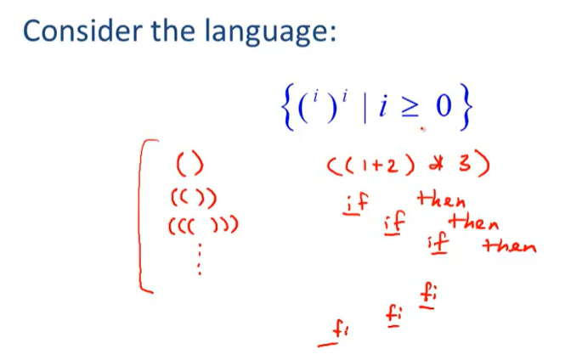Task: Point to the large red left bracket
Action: [x=146, y=217]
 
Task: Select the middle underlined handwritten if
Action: [x=395, y=223]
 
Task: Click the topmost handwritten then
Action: [x=443, y=201]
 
